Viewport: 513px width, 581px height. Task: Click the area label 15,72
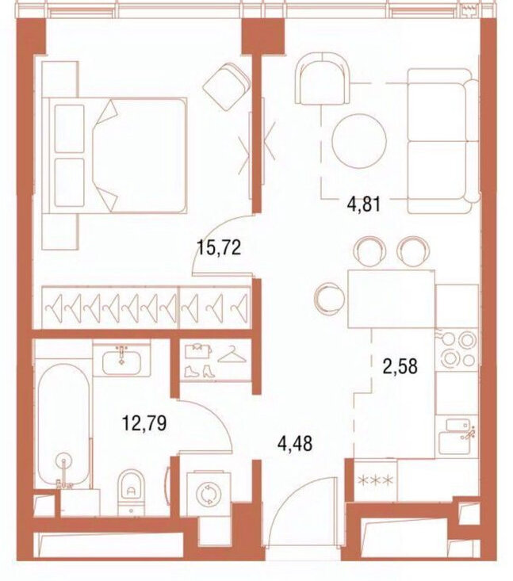(219, 248)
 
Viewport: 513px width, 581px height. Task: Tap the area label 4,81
(364, 204)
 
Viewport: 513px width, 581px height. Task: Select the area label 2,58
(400, 366)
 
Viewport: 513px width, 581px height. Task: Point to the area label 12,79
(144, 423)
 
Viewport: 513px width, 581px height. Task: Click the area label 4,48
(295, 443)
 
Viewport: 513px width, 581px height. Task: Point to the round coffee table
(359, 142)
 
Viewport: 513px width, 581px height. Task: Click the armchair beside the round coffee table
(322, 79)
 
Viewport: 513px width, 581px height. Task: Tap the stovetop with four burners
(457, 350)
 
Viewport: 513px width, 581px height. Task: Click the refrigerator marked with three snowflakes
(376, 480)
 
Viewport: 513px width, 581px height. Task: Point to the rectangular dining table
(392, 299)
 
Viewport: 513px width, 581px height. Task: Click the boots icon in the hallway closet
(200, 371)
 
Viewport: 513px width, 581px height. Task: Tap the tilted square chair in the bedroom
(227, 86)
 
